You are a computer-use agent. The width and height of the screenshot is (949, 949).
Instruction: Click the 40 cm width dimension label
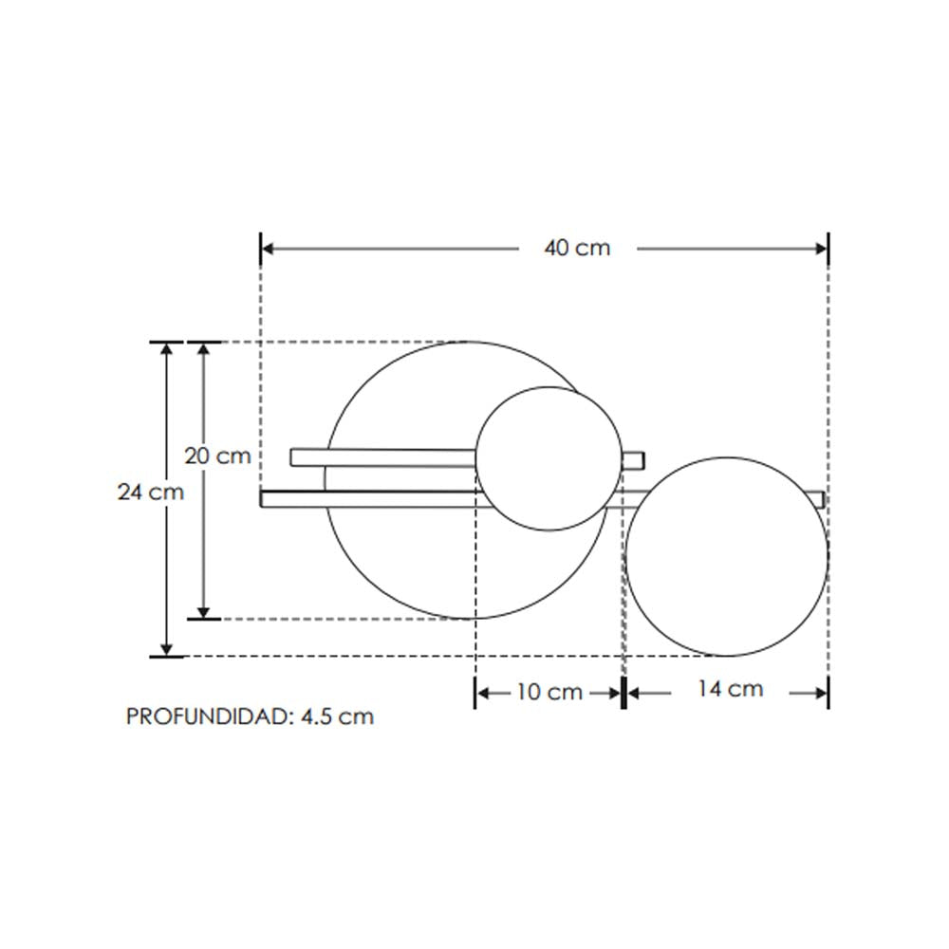tap(577, 249)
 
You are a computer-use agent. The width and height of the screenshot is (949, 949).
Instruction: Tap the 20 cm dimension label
tap(217, 456)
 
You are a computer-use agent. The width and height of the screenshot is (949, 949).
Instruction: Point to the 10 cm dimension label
tap(549, 692)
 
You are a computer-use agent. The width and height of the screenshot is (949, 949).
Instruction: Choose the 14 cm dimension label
tap(730, 689)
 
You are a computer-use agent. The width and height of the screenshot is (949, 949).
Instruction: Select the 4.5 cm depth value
tap(337, 716)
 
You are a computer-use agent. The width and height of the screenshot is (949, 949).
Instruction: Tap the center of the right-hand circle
tap(727, 557)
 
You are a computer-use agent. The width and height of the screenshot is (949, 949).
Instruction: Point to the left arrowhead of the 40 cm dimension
tap(269, 249)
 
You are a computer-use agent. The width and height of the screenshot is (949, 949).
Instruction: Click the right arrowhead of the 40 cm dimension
tap(821, 249)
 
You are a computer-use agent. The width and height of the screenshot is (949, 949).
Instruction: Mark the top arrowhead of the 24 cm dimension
tap(167, 349)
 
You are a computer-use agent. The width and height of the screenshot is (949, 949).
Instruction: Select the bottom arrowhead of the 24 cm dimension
tap(167, 648)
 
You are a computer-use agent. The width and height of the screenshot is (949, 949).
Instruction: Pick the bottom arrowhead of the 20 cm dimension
tap(203, 611)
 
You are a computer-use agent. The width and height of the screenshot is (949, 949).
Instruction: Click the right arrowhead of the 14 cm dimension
tap(821, 693)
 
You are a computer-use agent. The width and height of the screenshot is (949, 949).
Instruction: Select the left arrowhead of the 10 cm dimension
tap(482, 693)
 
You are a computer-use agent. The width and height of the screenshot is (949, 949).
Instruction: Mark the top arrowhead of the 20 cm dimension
tap(203, 349)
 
